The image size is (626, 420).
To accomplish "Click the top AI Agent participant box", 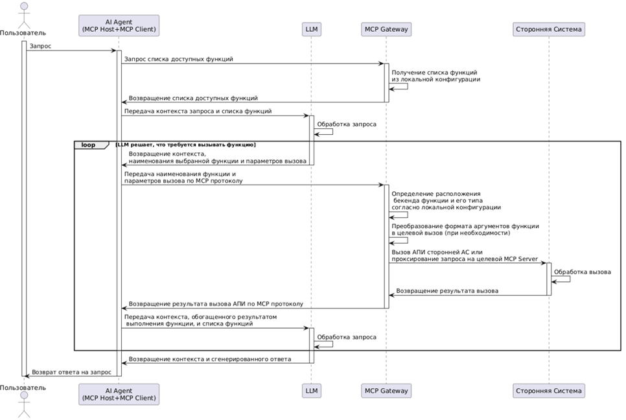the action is coord(119,25).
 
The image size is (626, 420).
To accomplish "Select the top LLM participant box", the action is coord(312,29).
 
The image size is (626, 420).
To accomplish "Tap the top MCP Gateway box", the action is coord(386,29).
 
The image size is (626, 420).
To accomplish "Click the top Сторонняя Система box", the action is coord(548,29).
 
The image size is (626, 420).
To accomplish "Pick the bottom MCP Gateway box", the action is coord(386,391).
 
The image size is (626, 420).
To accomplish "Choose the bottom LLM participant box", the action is coord(312,391).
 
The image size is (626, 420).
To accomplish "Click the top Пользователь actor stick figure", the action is coord(24,14).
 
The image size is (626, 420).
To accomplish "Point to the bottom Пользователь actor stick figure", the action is coord(24,405).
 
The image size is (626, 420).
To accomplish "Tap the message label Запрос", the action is coord(40,46).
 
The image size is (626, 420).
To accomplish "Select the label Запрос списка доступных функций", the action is coord(178,59).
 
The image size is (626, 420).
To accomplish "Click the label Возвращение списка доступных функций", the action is coord(193,98).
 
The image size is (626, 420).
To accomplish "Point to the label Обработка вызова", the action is coord(582,272).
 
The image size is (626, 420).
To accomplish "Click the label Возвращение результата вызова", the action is coord(447,290).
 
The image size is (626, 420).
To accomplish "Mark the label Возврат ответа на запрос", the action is coord(71,372).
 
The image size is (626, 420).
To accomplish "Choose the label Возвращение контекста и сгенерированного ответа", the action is coord(209,359).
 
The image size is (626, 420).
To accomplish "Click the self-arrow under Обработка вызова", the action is coord(570,279).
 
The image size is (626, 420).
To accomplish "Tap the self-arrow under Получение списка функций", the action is coord(407,86).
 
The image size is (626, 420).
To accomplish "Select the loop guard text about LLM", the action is coord(185,145).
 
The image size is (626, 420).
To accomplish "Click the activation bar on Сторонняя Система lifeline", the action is coord(548,279).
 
